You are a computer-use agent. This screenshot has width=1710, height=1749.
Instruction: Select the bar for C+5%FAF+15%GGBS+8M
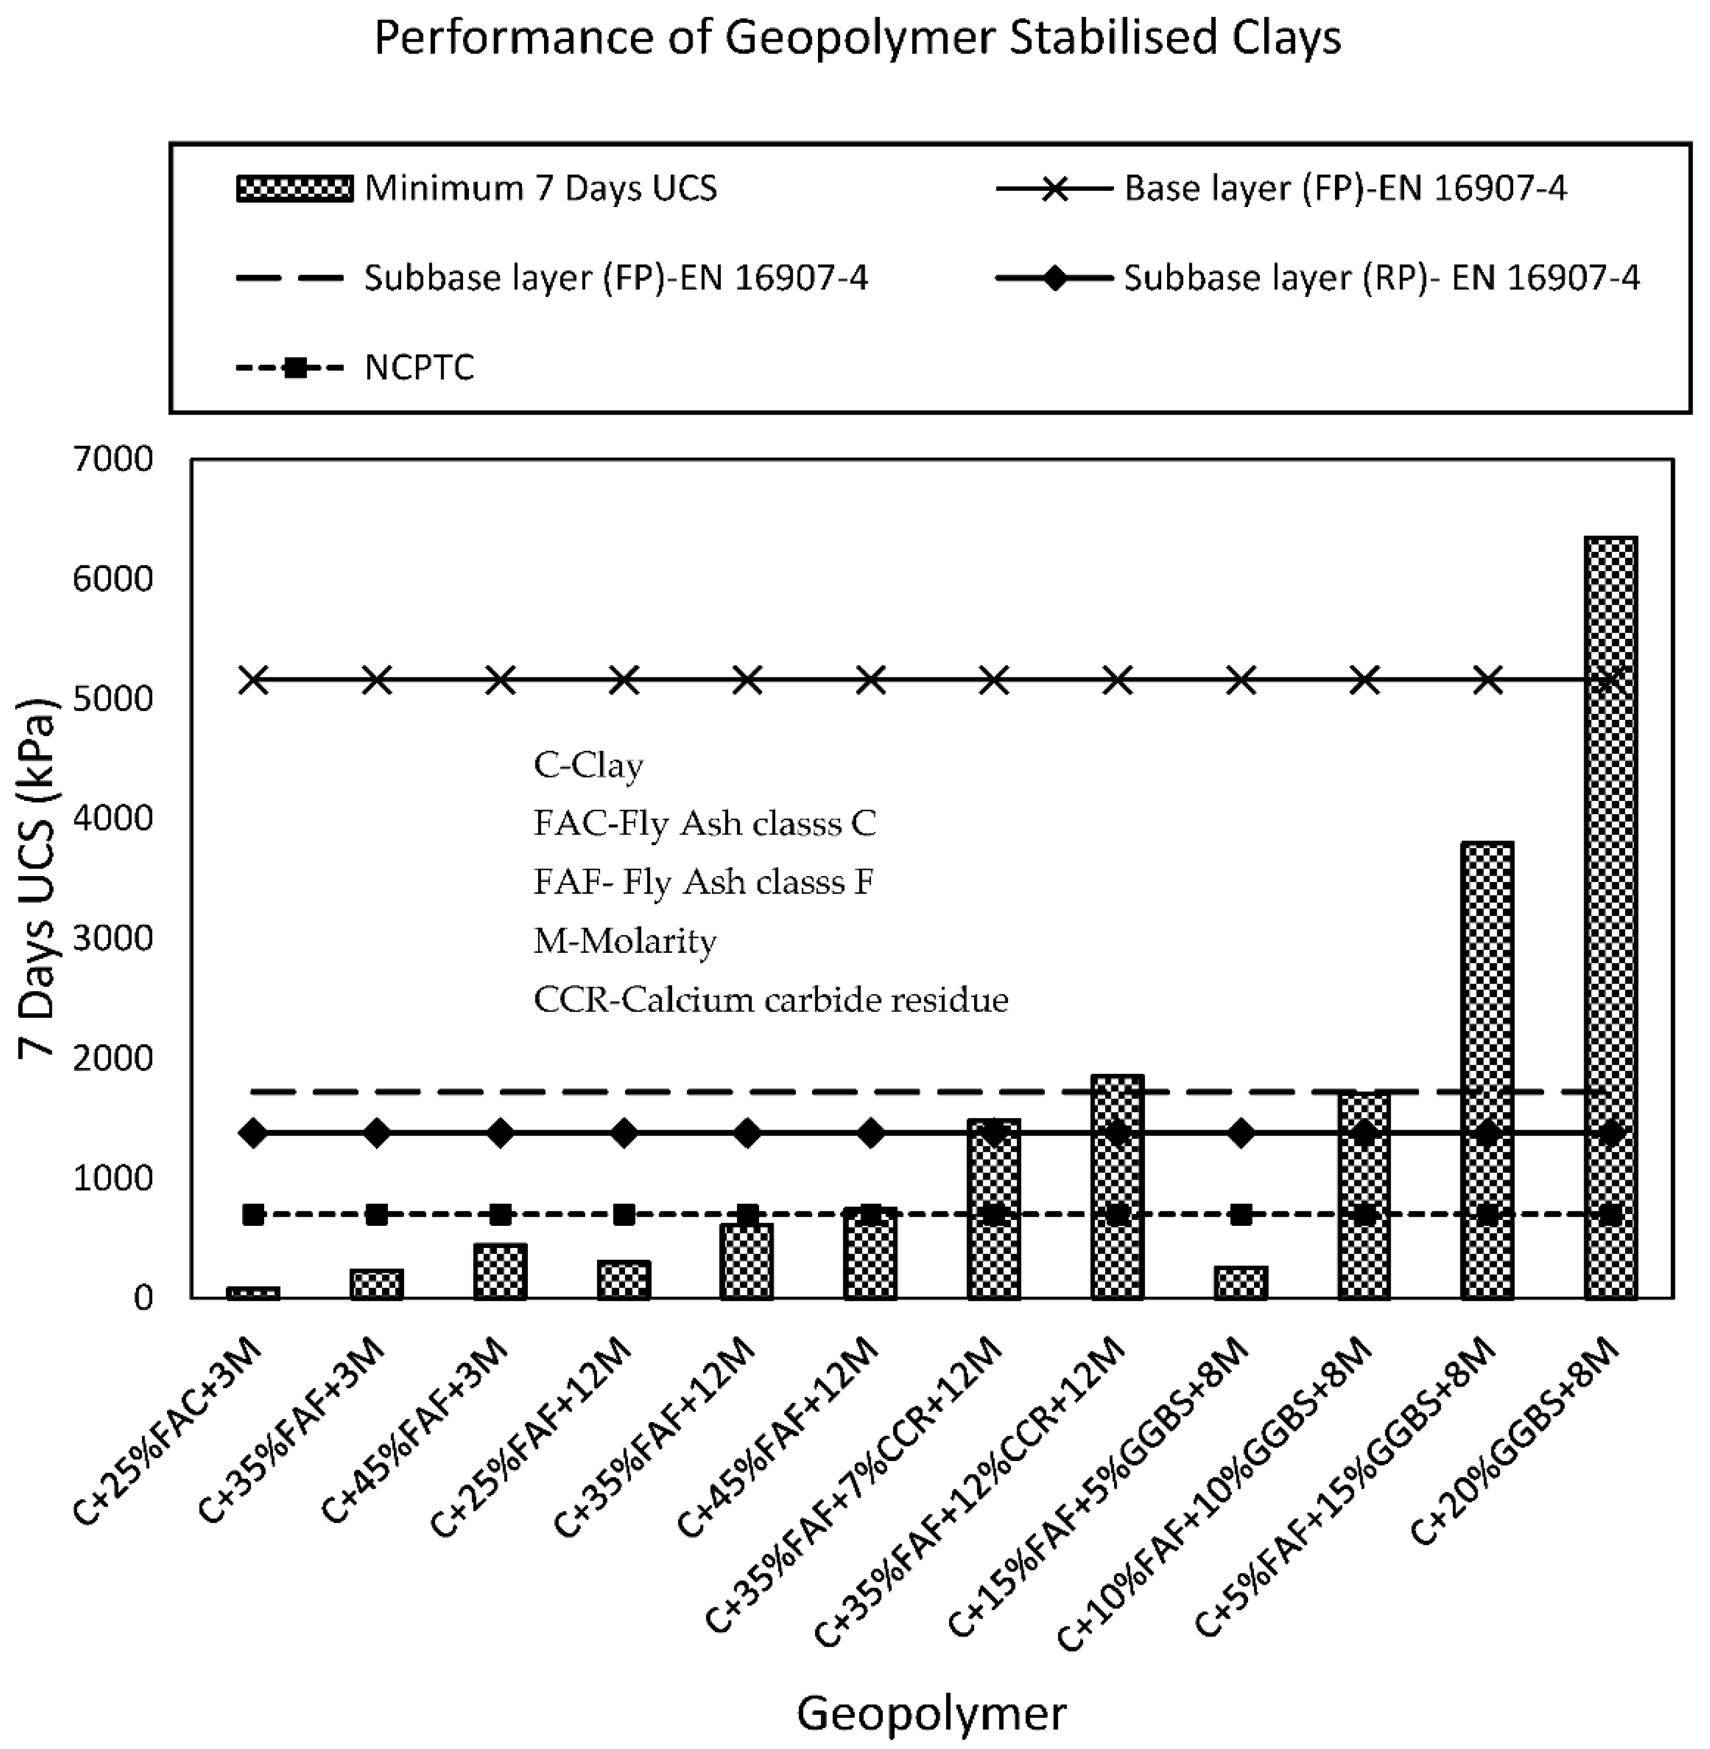(1487, 1069)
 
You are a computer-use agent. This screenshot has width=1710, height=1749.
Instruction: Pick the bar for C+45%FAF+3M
(500, 1271)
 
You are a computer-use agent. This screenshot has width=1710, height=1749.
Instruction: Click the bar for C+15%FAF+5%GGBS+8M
(1240, 1283)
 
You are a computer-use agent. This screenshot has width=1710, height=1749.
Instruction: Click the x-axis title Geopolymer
(931, 1713)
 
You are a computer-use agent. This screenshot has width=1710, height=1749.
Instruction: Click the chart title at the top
(857, 38)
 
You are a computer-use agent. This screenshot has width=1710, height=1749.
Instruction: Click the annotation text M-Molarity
(625, 940)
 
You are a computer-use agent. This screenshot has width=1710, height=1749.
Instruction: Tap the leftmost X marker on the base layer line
(253, 680)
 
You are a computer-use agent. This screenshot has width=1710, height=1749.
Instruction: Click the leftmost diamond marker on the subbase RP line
(253, 1133)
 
